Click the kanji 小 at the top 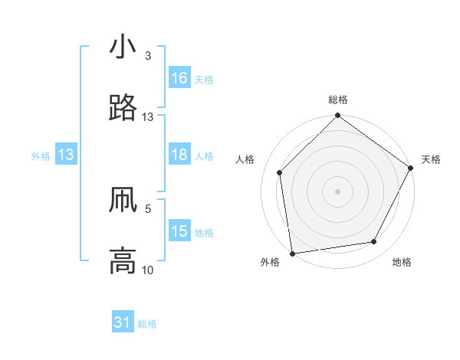pyautogui.click(x=123, y=47)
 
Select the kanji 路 pyautogui.click(x=123, y=109)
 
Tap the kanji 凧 pyautogui.click(x=123, y=201)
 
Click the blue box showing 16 pyautogui.click(x=179, y=78)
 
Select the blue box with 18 pyautogui.click(x=179, y=155)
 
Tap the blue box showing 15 pyautogui.click(x=179, y=231)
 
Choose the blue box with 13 pyautogui.click(x=66, y=155)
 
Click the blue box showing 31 pyautogui.click(x=123, y=323)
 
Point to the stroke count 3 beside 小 pyautogui.click(x=148, y=57)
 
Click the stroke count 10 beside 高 pyautogui.click(x=148, y=270)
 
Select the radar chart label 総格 pyautogui.click(x=337, y=100)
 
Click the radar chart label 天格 pyautogui.click(x=431, y=159)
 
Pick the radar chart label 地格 pyautogui.click(x=402, y=262)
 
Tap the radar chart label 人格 pyautogui.click(x=245, y=159)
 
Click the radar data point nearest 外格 pyautogui.click(x=292, y=253)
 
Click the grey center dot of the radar pyautogui.click(x=337, y=191)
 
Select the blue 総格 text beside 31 pyautogui.click(x=147, y=324)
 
